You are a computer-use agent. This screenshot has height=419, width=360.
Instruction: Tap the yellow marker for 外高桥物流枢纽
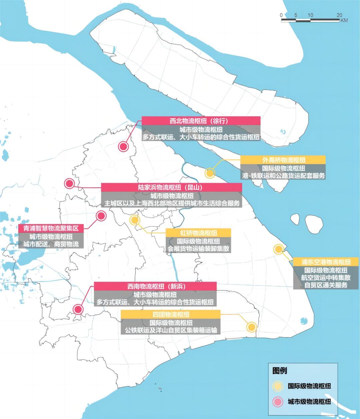click(210, 173)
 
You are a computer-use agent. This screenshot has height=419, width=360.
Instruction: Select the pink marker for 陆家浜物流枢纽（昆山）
click(69, 183)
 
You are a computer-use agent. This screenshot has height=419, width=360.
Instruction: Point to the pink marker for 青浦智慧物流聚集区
click(101, 216)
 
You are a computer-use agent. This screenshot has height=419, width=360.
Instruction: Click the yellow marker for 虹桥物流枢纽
click(135, 220)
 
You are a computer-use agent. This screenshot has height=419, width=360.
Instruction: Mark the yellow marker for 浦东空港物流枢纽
click(278, 249)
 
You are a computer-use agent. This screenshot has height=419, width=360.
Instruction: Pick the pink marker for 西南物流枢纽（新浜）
click(78, 309)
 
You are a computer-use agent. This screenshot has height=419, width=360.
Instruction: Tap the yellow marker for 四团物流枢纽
click(251, 327)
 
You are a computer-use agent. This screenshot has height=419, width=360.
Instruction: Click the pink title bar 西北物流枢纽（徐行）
click(201, 120)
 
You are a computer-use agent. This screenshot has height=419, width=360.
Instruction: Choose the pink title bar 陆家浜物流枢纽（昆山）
click(171, 187)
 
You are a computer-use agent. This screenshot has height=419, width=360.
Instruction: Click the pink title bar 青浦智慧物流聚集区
click(51, 229)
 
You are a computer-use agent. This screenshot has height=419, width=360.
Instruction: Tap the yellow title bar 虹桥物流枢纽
click(198, 233)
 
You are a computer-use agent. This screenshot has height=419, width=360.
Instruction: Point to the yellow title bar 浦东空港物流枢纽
click(326, 262)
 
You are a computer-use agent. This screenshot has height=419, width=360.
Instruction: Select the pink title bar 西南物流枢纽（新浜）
click(155, 286)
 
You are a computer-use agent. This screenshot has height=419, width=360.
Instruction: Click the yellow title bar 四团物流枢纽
click(171, 314)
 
